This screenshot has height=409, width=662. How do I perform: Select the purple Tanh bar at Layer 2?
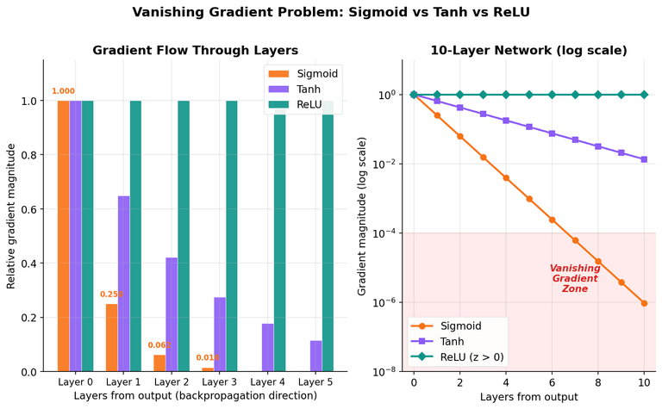point(172,314)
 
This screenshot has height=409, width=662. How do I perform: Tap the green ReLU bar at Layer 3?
point(232,236)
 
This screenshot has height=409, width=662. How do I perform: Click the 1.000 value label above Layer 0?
point(63,91)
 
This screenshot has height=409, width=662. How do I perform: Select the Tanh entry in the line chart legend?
point(447,341)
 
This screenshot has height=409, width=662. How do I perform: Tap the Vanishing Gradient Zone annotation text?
point(574,279)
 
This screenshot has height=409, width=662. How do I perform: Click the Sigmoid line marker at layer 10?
point(644,303)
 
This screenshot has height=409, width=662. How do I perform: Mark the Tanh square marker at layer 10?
point(644,159)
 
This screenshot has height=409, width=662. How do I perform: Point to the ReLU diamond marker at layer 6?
point(552,95)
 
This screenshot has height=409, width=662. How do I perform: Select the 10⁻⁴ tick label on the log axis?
point(382,233)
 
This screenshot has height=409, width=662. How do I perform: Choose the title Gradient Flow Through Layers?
point(195,50)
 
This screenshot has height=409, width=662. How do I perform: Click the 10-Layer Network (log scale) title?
point(528,50)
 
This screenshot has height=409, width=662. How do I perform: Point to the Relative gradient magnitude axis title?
point(11,215)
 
